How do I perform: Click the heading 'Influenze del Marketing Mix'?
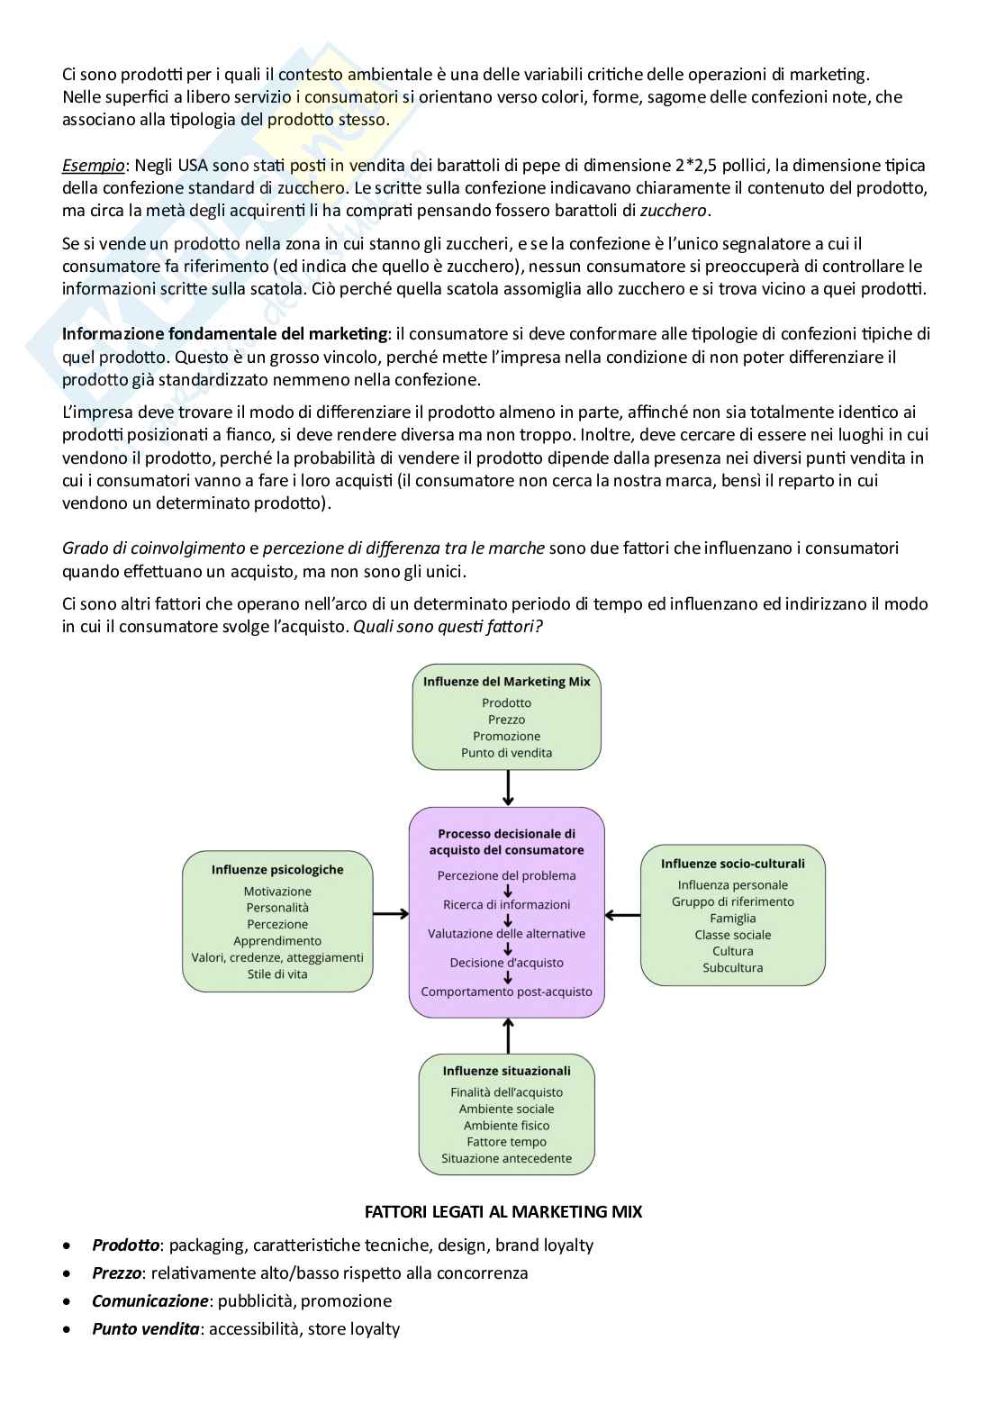[506, 682]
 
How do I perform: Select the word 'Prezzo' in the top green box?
[506, 720]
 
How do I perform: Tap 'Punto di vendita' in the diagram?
[506, 753]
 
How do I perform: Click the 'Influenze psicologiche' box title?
[277, 870]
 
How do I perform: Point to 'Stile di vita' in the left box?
[277, 974]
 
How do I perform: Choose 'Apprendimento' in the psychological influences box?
[277, 941]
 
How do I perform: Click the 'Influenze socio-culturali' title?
[732, 864]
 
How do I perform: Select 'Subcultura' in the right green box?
[732, 968]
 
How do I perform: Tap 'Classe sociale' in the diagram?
[732, 935]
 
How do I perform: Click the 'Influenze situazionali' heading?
[506, 1072]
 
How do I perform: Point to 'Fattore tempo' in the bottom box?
[506, 1142]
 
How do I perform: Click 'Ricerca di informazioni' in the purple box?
[506, 905]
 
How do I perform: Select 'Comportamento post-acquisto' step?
[506, 992]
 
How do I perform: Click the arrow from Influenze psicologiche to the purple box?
[391, 914]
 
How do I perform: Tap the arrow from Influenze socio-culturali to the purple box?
[622, 915]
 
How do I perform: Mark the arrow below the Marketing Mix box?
[508, 788]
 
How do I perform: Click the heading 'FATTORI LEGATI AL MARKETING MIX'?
[503, 1212]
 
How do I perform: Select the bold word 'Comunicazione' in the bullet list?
[149, 1301]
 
